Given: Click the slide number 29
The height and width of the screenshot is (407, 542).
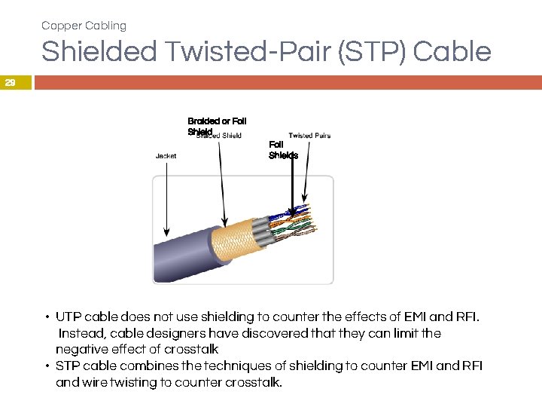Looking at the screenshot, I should pyautogui.click(x=10, y=84).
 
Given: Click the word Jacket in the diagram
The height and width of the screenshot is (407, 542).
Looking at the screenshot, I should pyautogui.click(x=166, y=156).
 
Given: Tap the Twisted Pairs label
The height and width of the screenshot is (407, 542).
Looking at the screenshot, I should pyautogui.click(x=309, y=136).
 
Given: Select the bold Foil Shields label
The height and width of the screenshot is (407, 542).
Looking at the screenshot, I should pyautogui.click(x=283, y=150).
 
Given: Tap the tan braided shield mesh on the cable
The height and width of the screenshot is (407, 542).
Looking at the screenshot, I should pyautogui.click(x=233, y=240).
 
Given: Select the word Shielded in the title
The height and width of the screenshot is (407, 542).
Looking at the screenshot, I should pyautogui.click(x=99, y=52).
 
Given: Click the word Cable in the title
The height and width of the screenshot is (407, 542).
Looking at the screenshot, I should pyautogui.click(x=452, y=52).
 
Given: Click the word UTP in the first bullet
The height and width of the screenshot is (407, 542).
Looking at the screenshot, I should pyautogui.click(x=69, y=317).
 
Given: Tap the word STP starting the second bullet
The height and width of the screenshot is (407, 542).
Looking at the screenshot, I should pyautogui.click(x=68, y=366).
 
